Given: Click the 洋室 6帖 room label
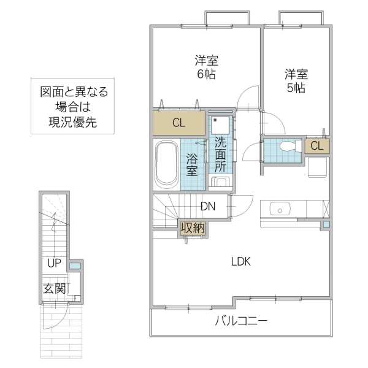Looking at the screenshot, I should click(x=207, y=67).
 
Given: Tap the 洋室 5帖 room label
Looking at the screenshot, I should click(x=296, y=81).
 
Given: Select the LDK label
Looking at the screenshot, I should click(x=241, y=262).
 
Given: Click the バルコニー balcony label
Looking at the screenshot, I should click(x=241, y=321).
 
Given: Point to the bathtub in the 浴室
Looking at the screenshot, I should click(x=166, y=164).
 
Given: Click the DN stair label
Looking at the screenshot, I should click(x=207, y=207).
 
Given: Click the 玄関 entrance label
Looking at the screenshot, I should click(x=54, y=288).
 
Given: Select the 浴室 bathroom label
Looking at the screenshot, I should click(x=192, y=164).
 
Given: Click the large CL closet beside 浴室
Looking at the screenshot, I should click(x=178, y=123).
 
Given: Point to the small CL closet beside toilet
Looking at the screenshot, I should click(x=316, y=146).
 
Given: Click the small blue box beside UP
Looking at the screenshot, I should click(x=74, y=266).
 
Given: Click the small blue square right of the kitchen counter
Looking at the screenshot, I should click(x=326, y=225).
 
